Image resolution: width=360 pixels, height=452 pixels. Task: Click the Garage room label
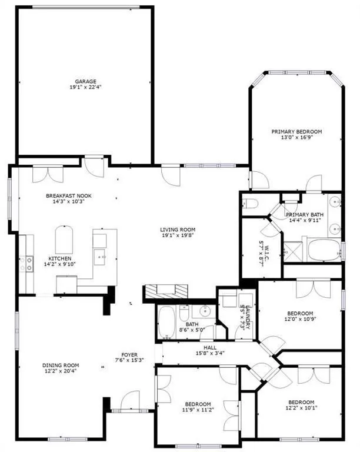pyautogui.click(x=85, y=81)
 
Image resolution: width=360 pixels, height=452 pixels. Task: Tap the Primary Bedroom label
pyautogui.click(x=296, y=131)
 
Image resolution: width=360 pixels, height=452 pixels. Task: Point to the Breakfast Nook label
pyautogui.click(x=69, y=196)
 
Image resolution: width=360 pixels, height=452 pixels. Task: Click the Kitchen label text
pyautogui.click(x=60, y=258)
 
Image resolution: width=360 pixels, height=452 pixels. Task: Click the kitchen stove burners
pyautogui.click(x=27, y=265)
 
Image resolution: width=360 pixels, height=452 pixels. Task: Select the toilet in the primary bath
pyautogui.click(x=251, y=204)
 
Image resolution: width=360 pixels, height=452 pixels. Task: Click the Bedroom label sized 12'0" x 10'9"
pyautogui.click(x=300, y=313)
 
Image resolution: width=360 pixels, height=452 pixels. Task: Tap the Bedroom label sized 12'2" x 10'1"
pyautogui.click(x=301, y=402)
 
